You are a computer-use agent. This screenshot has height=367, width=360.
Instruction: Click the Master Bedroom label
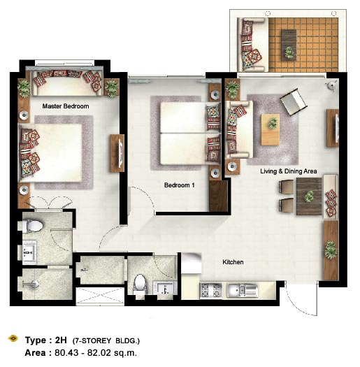pos(66,106)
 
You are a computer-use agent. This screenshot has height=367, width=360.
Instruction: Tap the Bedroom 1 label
pos(179,185)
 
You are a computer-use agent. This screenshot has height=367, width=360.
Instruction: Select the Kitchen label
pos(233,262)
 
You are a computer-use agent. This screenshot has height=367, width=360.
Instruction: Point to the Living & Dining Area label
pos(289,171)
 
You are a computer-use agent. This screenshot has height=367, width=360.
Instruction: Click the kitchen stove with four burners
pos(211,291)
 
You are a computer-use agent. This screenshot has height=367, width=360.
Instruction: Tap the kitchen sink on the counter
pos(243,291)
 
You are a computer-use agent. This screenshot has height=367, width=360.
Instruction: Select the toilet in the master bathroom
pos(33,226)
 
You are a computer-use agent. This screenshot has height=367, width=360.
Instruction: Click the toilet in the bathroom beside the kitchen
pos(140,283)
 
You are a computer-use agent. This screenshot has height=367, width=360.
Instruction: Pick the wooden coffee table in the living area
pos(271,129)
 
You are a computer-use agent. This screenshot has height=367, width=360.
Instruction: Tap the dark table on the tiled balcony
pos(289,45)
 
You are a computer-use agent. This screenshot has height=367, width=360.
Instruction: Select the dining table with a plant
pos(309,196)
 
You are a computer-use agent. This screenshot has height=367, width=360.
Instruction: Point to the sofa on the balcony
pos(252,45)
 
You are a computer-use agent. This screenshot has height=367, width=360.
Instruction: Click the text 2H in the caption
pos(61,340)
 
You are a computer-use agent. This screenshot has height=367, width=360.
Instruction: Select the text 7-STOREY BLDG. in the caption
pos(106,341)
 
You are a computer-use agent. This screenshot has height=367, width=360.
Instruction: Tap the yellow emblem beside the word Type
pos(13,338)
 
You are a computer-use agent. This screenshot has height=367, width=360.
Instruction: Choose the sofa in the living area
pos(239,129)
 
